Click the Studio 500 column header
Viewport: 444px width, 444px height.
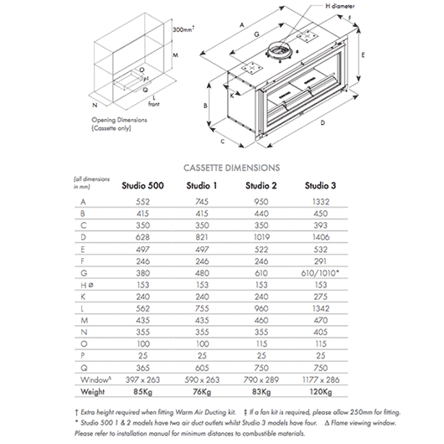[x=142, y=185]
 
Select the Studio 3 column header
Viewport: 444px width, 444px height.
[x=320, y=185]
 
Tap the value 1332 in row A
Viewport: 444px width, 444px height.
[x=321, y=202]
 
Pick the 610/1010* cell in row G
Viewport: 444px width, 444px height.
[x=320, y=273]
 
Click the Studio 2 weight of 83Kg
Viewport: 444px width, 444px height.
[x=261, y=391]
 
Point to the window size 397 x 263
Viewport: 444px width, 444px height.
[x=142, y=379]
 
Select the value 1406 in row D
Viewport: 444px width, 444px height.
[x=321, y=237]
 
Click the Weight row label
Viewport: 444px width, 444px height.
[x=93, y=391]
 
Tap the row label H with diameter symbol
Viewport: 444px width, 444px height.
[x=87, y=285]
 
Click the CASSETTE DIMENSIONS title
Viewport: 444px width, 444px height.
[x=231, y=168]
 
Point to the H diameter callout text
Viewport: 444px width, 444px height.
[x=340, y=6]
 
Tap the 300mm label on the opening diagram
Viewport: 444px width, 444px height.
[x=183, y=29]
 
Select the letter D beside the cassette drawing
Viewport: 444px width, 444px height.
[x=323, y=123]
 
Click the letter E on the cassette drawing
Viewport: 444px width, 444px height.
[x=363, y=55]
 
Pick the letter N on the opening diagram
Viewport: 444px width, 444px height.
[x=95, y=105]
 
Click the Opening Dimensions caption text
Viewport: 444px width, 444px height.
[x=119, y=124]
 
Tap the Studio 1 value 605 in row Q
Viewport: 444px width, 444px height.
[x=202, y=368]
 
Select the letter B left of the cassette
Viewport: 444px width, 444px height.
[x=205, y=106]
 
